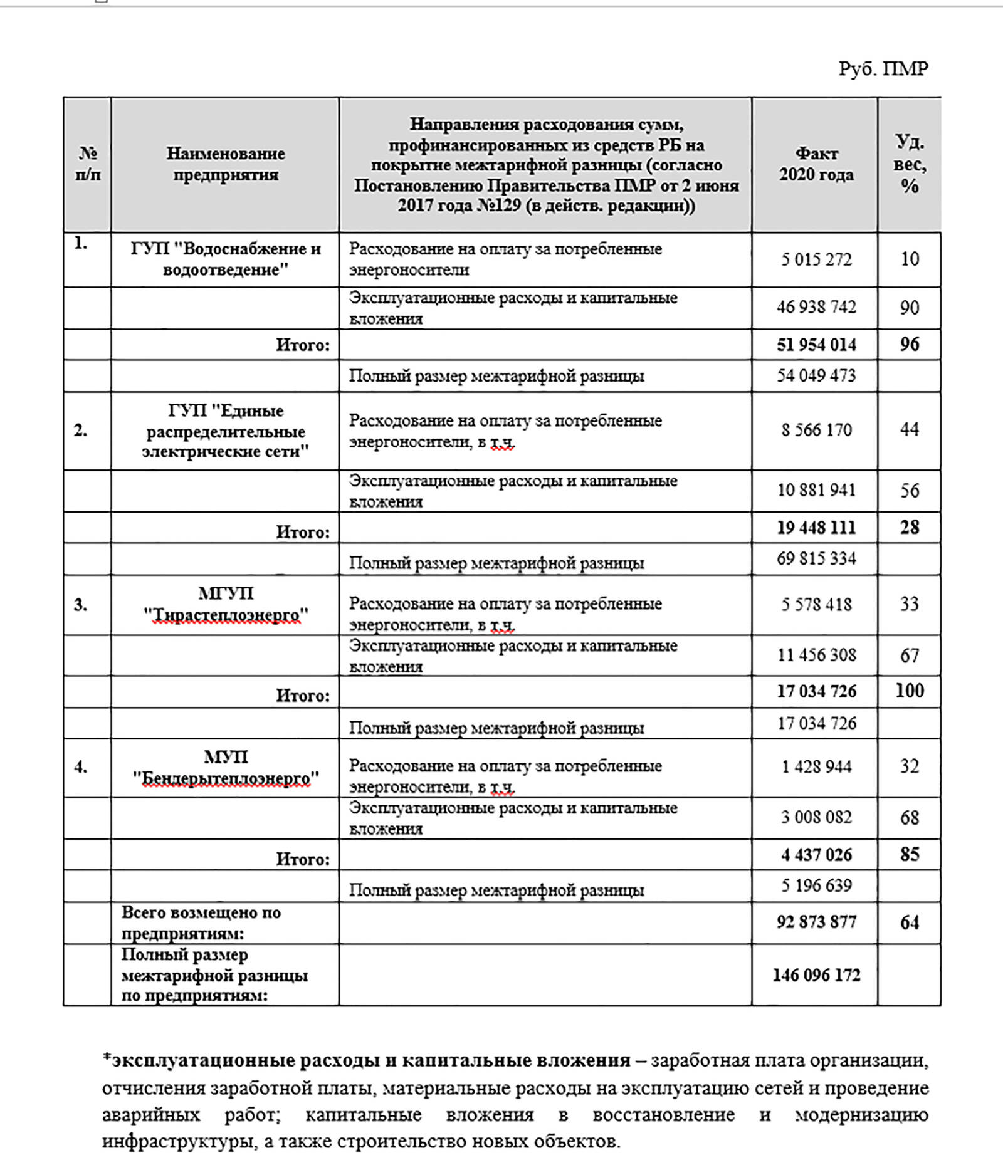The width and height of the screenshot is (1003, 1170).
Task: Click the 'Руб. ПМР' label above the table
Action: pyautogui.click(x=883, y=68)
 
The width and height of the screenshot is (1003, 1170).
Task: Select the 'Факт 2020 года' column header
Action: pyautogui.click(x=816, y=164)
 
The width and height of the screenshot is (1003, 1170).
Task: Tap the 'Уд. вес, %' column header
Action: pyautogui.click(x=909, y=164)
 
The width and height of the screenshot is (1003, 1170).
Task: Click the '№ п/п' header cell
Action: pyautogui.click(x=88, y=164)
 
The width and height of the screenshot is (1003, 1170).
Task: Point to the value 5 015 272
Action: pyautogui.click(x=816, y=259)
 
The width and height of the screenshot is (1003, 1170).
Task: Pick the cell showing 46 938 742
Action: pyautogui.click(x=816, y=307)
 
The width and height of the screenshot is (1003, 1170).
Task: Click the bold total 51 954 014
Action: pyautogui.click(x=816, y=345)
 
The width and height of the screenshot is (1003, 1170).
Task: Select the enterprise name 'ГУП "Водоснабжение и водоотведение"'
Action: pyautogui.click(x=225, y=259)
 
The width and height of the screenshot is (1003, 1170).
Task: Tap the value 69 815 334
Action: pyautogui.click(x=816, y=558)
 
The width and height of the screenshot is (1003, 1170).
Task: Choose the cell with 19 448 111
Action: pyautogui.click(x=816, y=528)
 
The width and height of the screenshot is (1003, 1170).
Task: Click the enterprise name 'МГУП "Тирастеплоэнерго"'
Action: pyautogui.click(x=225, y=605)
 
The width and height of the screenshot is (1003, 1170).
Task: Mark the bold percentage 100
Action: pyautogui.click(x=909, y=691)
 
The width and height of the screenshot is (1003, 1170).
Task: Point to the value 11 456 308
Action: pyautogui.click(x=816, y=655)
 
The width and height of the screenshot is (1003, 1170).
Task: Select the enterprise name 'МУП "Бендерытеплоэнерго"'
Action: pyautogui.click(x=225, y=768)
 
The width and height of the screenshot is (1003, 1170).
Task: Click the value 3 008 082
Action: pyautogui.click(x=816, y=817)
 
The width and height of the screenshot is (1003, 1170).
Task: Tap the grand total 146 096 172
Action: pyautogui.click(x=816, y=975)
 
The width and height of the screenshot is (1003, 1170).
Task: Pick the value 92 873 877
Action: pyautogui.click(x=816, y=922)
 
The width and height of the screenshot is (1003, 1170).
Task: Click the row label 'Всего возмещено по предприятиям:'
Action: pyautogui.click(x=201, y=923)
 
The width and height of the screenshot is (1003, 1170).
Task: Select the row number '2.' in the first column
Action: pyautogui.click(x=81, y=431)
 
